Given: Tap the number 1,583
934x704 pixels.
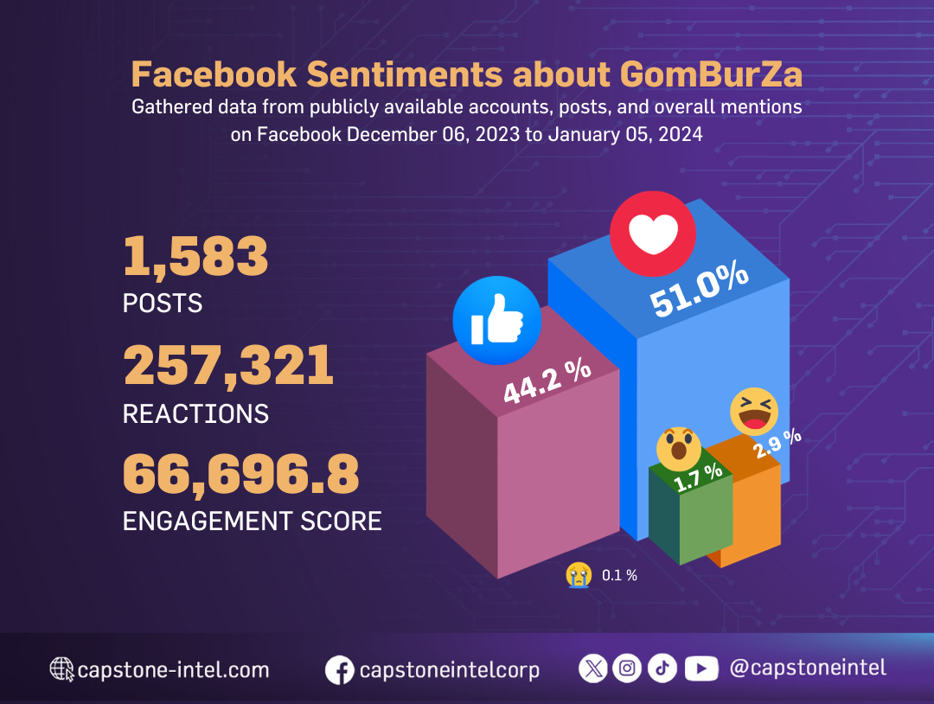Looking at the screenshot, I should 195,258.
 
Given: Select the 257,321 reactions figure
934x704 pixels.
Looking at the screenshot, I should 228,366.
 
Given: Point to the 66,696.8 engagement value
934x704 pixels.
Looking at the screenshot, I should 240,474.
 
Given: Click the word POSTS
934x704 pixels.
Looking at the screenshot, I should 163,304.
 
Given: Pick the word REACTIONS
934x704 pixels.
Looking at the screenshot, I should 195,413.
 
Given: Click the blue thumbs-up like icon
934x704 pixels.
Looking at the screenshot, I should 496,322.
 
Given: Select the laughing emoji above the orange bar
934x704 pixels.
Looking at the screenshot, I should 754,411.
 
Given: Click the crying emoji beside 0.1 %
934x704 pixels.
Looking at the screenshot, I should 579,574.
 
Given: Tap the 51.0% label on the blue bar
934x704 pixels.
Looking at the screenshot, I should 700,291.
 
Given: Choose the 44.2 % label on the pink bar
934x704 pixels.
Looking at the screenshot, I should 547,381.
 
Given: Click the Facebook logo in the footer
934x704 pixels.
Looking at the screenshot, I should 340,670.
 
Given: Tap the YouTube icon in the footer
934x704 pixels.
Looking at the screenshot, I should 701,668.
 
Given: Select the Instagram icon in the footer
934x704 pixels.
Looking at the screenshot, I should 628,668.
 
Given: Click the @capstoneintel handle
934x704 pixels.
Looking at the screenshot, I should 808,668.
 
